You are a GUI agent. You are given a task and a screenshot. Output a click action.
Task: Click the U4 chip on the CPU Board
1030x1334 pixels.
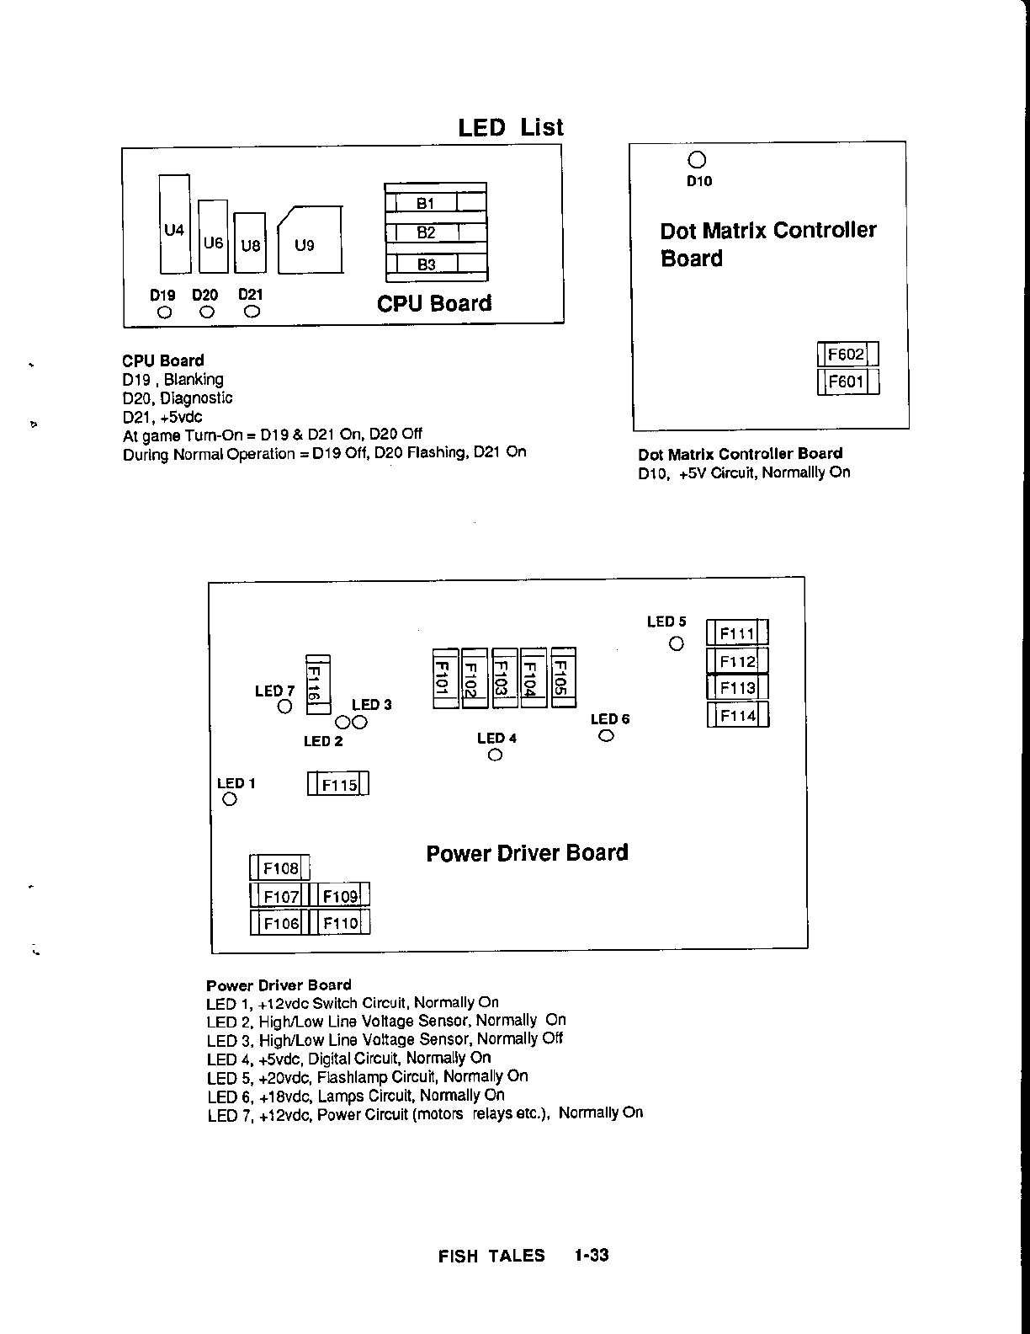pos(174,223)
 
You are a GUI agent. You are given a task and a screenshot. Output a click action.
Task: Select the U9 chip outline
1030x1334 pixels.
pos(309,241)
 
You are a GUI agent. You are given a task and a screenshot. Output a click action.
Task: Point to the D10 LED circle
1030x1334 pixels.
pos(697,160)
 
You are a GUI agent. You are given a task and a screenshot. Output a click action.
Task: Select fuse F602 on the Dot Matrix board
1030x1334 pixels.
pos(847,355)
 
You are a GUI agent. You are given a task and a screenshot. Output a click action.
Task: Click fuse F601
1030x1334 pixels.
pos(847,382)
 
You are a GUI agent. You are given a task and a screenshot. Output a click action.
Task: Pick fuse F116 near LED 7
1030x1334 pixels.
pos(318,684)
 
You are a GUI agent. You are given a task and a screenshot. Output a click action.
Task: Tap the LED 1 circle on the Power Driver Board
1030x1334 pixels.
pos(229,799)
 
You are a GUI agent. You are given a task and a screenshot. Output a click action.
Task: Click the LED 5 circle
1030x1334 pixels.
pos(677,643)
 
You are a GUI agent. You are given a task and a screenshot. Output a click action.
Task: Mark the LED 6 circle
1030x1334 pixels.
pos(606,736)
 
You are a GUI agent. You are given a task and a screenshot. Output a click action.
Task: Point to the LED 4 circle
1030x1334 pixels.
pos(495,755)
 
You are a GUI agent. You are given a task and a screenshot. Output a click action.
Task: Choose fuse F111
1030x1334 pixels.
pos(737,633)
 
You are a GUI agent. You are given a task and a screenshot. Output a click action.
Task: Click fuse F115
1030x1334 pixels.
pos(338,784)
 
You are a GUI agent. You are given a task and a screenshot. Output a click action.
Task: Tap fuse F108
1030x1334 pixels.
pos(280,868)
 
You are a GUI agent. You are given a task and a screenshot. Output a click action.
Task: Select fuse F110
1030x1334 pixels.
pos(339,923)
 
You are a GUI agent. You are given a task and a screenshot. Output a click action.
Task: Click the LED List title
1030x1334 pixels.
pos(511,128)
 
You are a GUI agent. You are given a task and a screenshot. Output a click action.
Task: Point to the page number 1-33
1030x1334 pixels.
pos(592,1256)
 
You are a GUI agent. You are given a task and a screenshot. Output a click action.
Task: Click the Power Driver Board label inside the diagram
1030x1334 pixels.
pos(527,853)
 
